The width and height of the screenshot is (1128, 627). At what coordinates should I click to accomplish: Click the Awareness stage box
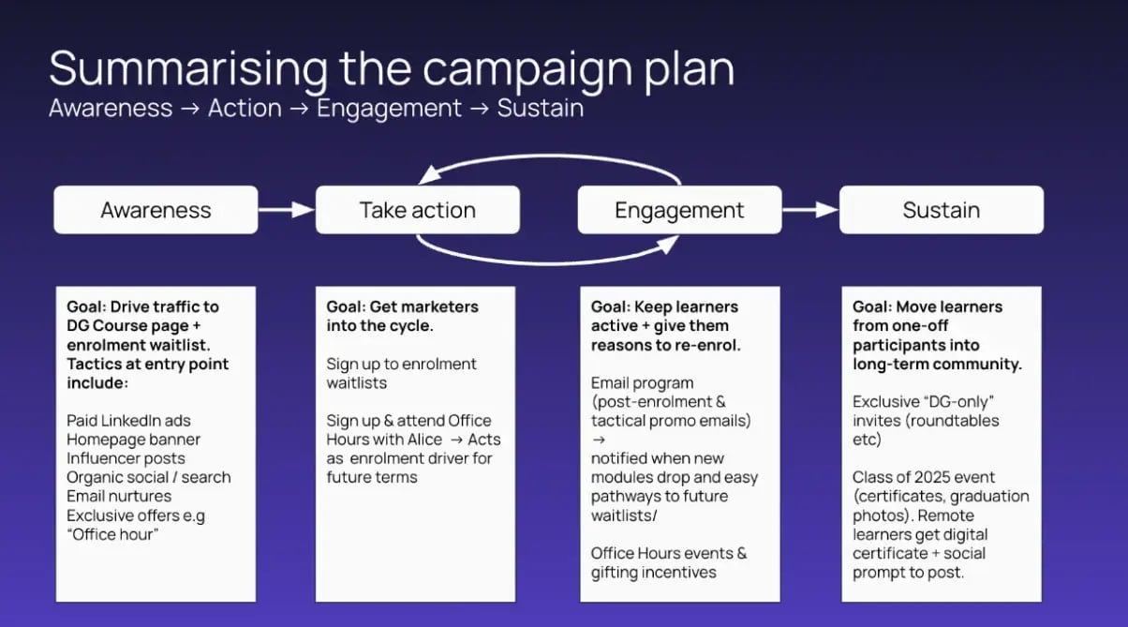click(x=156, y=210)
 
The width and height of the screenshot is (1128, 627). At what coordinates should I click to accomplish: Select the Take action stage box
click(x=417, y=210)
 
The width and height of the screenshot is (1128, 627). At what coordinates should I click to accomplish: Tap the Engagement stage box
click(x=679, y=210)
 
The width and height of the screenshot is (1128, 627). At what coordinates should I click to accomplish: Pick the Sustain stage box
click(x=941, y=210)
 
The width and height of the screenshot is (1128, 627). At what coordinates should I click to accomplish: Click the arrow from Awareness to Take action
click(x=287, y=210)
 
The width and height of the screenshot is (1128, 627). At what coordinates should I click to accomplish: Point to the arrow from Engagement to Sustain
click(x=810, y=210)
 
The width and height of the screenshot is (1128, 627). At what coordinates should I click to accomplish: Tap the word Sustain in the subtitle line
click(x=541, y=109)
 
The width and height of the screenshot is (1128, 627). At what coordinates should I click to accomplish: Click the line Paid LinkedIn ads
click(x=128, y=421)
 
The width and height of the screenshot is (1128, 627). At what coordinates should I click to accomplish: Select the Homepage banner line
click(x=133, y=440)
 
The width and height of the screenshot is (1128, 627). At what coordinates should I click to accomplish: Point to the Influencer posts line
click(x=126, y=458)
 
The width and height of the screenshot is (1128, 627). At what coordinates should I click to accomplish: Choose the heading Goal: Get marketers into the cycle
click(x=403, y=316)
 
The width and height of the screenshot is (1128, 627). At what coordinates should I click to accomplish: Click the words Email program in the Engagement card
click(x=643, y=383)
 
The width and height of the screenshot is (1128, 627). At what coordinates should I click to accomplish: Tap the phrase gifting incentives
click(x=653, y=572)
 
